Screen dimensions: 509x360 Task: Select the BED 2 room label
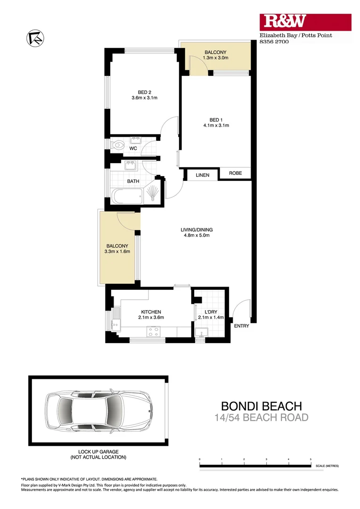[x=144, y=92]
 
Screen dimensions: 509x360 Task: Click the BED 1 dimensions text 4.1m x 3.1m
[x=216, y=126]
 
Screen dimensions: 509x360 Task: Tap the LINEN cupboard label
[x=202, y=175]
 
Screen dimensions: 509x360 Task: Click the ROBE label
[x=235, y=173]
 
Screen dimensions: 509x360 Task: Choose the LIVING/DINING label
[x=196, y=230]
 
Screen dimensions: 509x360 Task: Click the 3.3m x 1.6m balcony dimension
[x=117, y=252]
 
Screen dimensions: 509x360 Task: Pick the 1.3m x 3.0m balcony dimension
[x=215, y=58]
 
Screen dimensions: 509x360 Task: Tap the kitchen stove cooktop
[x=154, y=332]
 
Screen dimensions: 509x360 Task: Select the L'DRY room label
[x=211, y=312]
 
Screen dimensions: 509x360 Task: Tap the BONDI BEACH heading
[x=262, y=406]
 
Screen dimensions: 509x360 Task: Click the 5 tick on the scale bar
[x=311, y=459]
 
